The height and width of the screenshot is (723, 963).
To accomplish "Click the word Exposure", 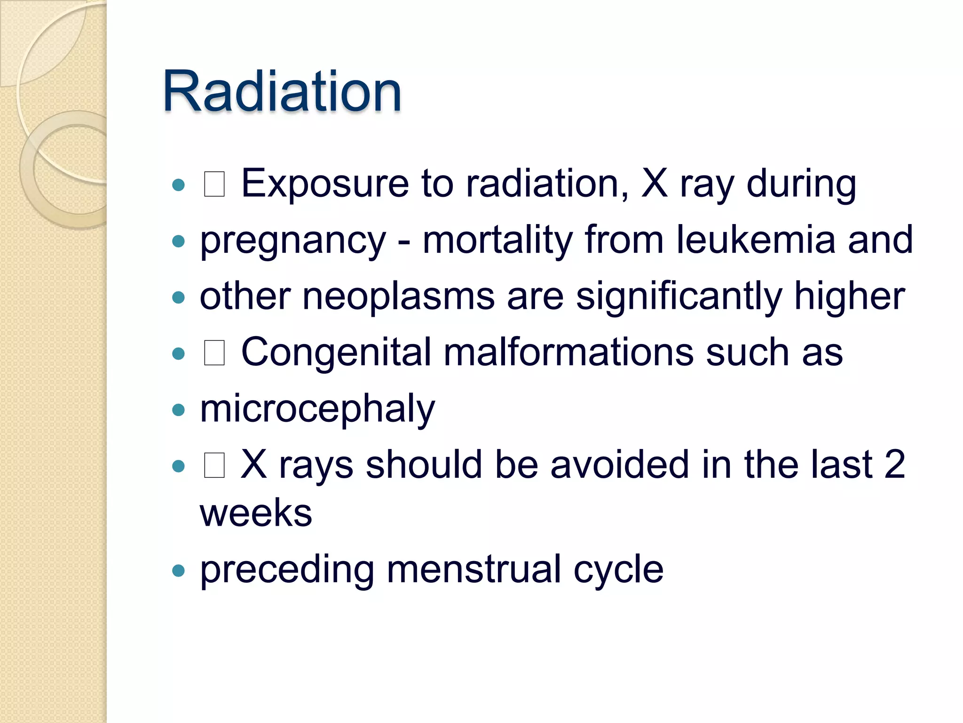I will [x=325, y=184].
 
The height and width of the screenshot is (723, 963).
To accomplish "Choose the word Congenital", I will [x=336, y=353].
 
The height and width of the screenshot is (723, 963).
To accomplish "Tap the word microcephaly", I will [x=317, y=409].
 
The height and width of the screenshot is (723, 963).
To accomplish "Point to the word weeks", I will [x=256, y=513].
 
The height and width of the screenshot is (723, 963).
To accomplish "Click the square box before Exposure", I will [x=214, y=184].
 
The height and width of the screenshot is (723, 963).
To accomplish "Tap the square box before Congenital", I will [x=214, y=353].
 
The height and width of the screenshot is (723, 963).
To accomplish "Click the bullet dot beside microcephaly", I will [x=178, y=410].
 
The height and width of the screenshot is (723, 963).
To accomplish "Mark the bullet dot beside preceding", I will [x=178, y=571].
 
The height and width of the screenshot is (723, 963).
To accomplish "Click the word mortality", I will [x=497, y=240].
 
